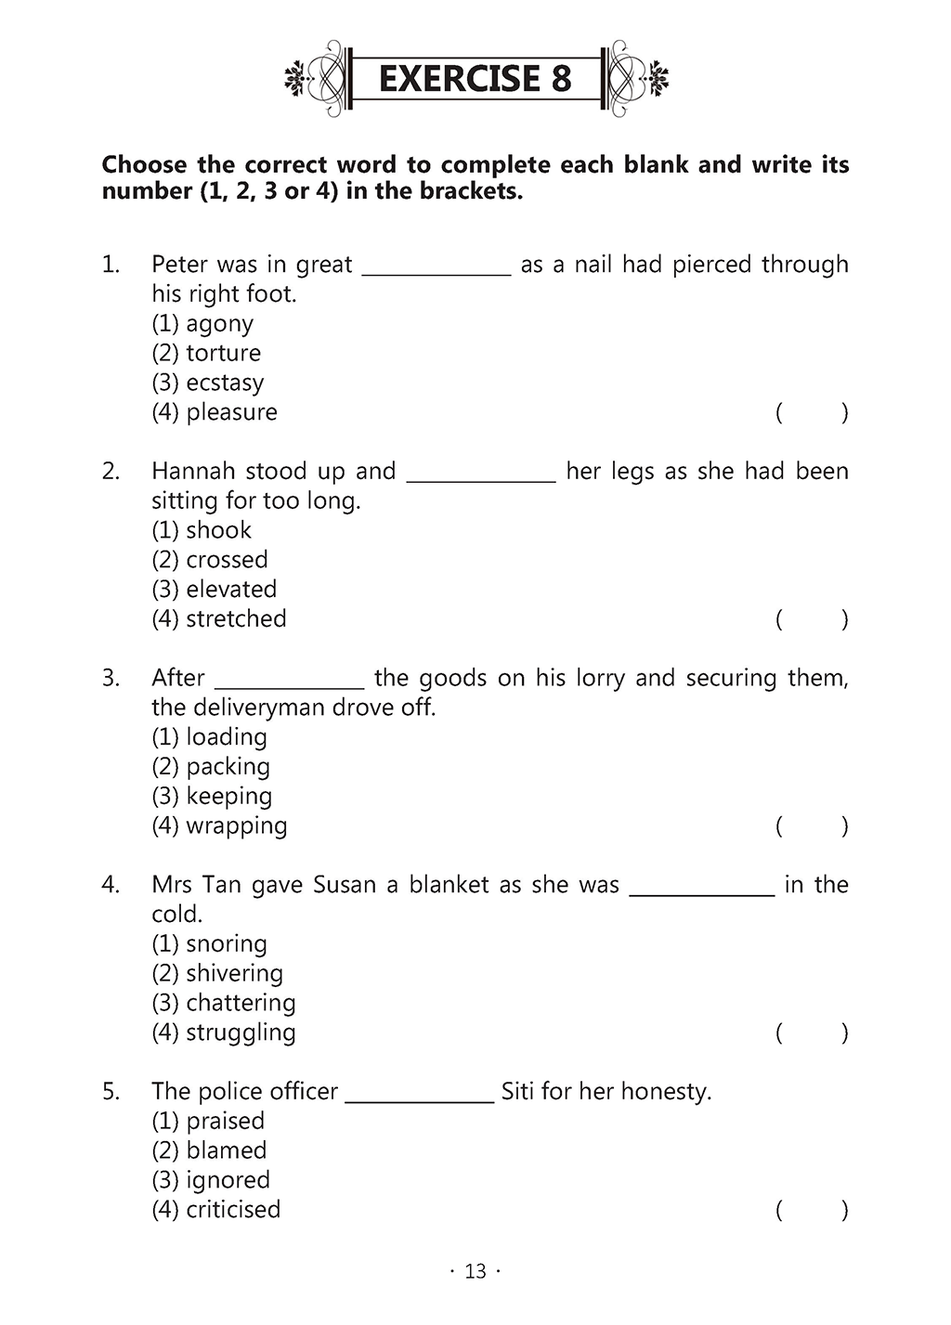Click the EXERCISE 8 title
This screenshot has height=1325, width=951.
(x=475, y=79)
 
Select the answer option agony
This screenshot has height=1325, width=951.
(x=219, y=324)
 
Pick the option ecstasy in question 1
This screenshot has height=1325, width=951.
(x=225, y=383)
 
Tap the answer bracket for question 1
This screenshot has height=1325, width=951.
(x=812, y=413)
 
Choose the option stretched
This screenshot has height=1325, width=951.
(x=236, y=619)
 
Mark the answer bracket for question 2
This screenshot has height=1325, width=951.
(x=812, y=620)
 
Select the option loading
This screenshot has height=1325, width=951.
(x=227, y=737)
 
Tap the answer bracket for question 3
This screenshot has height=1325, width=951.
(x=812, y=826)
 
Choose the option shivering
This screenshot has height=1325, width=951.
(x=234, y=974)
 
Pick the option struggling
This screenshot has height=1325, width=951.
(x=241, y=1033)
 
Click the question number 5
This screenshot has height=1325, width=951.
(x=111, y=1092)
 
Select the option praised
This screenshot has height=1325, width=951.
(x=225, y=1121)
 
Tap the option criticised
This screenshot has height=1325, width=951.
(x=233, y=1210)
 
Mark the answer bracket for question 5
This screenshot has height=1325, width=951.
(x=812, y=1211)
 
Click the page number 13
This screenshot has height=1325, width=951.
(x=475, y=1272)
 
